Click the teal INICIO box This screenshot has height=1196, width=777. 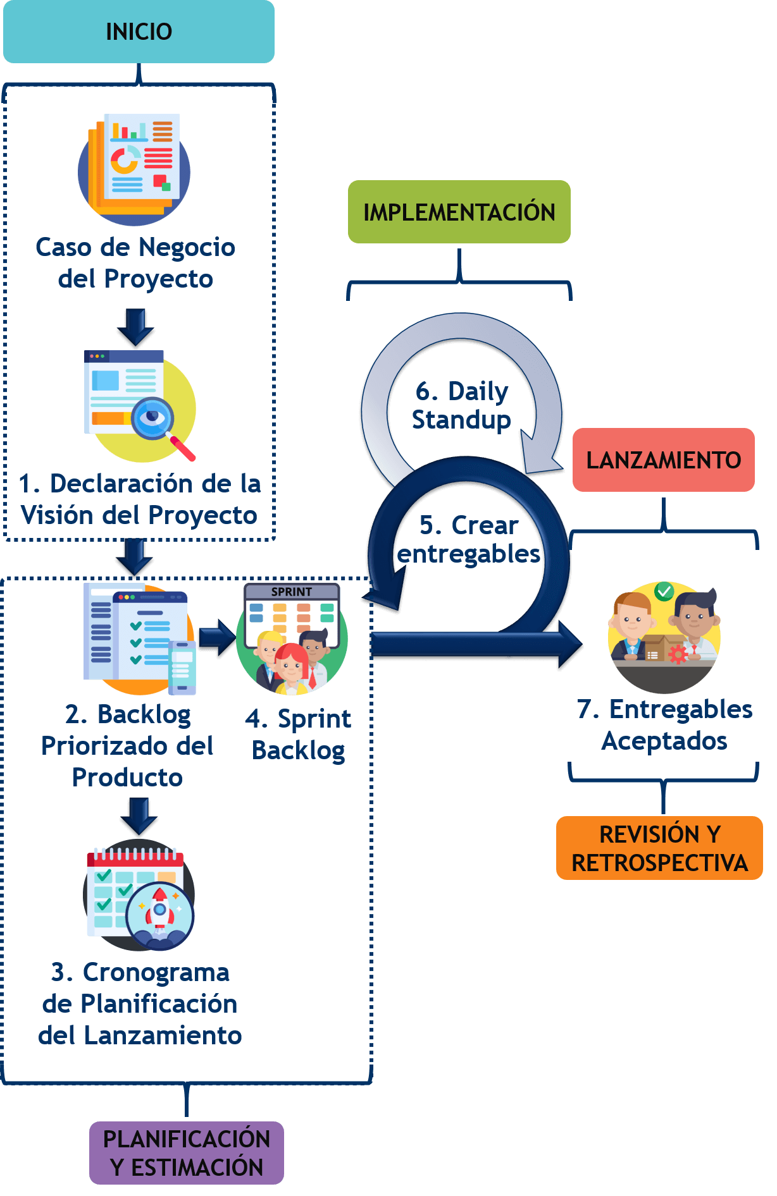click(x=139, y=32)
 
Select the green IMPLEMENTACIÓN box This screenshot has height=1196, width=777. click(x=459, y=212)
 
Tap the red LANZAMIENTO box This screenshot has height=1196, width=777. click(x=663, y=460)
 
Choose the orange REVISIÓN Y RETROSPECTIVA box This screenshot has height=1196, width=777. click(x=659, y=848)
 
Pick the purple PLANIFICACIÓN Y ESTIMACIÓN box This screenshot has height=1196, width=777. click(x=186, y=1152)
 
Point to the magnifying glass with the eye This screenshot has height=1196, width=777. click(x=153, y=417)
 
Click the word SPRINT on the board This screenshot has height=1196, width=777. click(x=292, y=592)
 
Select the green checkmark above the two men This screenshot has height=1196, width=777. click(x=664, y=591)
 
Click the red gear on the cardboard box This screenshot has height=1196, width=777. click(x=678, y=654)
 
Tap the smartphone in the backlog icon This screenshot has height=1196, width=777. click(x=182, y=668)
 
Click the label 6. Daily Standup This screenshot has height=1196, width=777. click(x=461, y=405)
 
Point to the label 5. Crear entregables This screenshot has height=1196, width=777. click(x=468, y=539)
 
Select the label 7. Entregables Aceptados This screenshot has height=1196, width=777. click(x=664, y=724)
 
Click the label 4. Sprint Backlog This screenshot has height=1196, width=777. click(x=298, y=734)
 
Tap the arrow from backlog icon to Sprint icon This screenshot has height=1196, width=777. click(x=217, y=638)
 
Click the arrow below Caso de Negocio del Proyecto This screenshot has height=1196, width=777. click(x=135, y=326)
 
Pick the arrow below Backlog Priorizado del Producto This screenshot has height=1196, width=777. click(x=139, y=815)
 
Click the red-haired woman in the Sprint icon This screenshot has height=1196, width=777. click(x=290, y=663)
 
